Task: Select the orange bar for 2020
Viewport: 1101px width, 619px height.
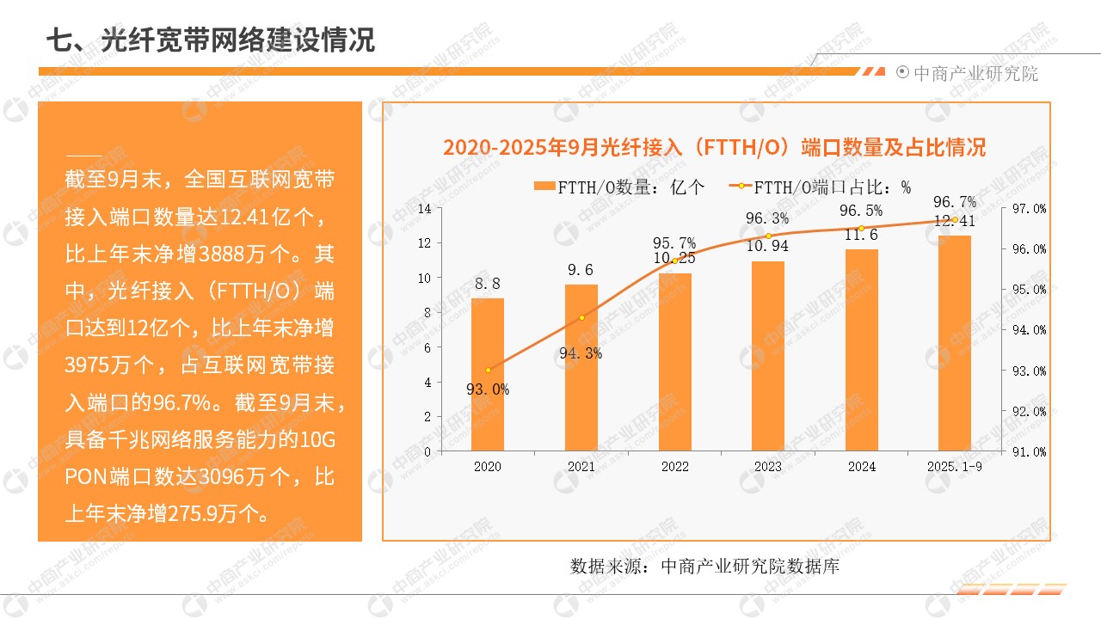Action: tap(488, 374)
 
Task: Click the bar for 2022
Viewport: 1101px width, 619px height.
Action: tap(675, 361)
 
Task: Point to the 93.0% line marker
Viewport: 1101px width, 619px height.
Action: tap(488, 370)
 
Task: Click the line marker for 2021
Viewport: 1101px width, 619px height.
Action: tap(581, 318)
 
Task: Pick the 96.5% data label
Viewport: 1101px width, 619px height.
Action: tap(861, 211)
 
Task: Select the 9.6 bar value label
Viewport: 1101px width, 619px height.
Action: tap(581, 271)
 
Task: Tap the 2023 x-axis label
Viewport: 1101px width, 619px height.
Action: tap(768, 467)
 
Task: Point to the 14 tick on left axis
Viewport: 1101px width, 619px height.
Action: tap(424, 208)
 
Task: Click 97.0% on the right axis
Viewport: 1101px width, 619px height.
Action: tap(1029, 209)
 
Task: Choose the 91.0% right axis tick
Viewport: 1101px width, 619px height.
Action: tap(1029, 451)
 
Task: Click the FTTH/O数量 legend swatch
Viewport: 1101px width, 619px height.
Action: tap(545, 187)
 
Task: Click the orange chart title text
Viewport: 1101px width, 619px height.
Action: tap(714, 147)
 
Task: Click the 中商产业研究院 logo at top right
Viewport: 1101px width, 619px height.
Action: tap(968, 73)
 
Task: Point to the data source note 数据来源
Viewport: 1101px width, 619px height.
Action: tap(704, 566)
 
